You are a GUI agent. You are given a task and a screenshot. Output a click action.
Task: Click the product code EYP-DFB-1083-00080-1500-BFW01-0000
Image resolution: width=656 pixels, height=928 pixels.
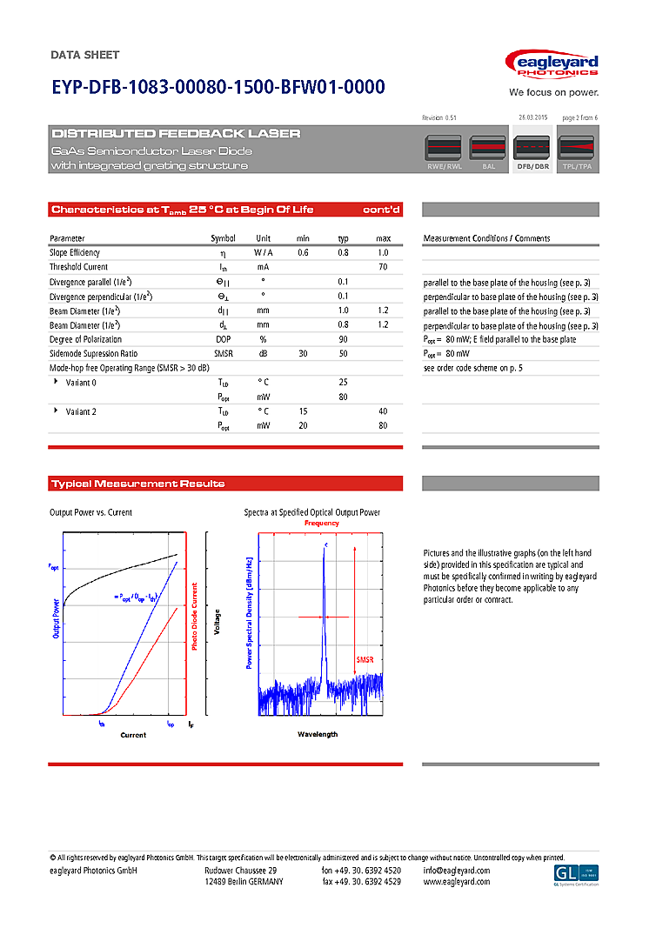[x=218, y=88]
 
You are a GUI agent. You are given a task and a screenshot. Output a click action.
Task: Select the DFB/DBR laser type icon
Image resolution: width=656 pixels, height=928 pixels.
[x=532, y=152]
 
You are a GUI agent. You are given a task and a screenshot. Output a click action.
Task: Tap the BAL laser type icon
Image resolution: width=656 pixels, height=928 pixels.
[x=488, y=152]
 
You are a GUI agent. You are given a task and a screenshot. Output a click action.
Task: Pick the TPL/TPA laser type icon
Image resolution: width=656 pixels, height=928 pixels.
[x=576, y=152]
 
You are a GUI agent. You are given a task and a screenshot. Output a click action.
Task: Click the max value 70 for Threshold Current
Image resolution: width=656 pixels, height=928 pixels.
[x=383, y=267]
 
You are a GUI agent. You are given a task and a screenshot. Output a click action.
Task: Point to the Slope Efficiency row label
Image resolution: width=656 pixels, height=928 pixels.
[x=74, y=252]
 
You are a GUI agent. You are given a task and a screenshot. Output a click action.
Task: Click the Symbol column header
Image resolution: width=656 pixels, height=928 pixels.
[x=223, y=238]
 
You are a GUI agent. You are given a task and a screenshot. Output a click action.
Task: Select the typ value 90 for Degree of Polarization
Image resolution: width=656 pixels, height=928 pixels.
[x=343, y=339]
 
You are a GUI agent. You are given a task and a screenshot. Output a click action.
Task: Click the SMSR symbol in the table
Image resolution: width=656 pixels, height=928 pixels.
[x=223, y=354]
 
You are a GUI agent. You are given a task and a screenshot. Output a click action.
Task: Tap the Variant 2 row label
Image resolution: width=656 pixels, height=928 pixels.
[x=81, y=411]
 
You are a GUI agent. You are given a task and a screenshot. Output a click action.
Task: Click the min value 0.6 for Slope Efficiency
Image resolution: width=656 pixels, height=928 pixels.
[x=303, y=252]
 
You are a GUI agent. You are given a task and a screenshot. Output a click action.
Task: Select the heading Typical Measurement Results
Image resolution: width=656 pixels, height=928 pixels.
[x=137, y=484]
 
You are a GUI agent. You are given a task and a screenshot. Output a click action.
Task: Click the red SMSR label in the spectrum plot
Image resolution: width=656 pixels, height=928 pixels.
[x=365, y=661]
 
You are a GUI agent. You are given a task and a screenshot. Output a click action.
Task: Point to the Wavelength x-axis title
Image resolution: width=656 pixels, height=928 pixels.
[x=318, y=735]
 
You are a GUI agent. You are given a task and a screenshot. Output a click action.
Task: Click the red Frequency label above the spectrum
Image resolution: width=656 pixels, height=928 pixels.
[x=321, y=524]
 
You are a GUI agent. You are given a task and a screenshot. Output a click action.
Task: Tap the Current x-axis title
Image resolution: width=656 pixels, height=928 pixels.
[x=133, y=736]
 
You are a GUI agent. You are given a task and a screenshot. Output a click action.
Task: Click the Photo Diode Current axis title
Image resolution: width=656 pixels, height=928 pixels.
[x=195, y=617]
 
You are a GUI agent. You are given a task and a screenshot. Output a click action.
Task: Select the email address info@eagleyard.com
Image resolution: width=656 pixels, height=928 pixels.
[x=457, y=871]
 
